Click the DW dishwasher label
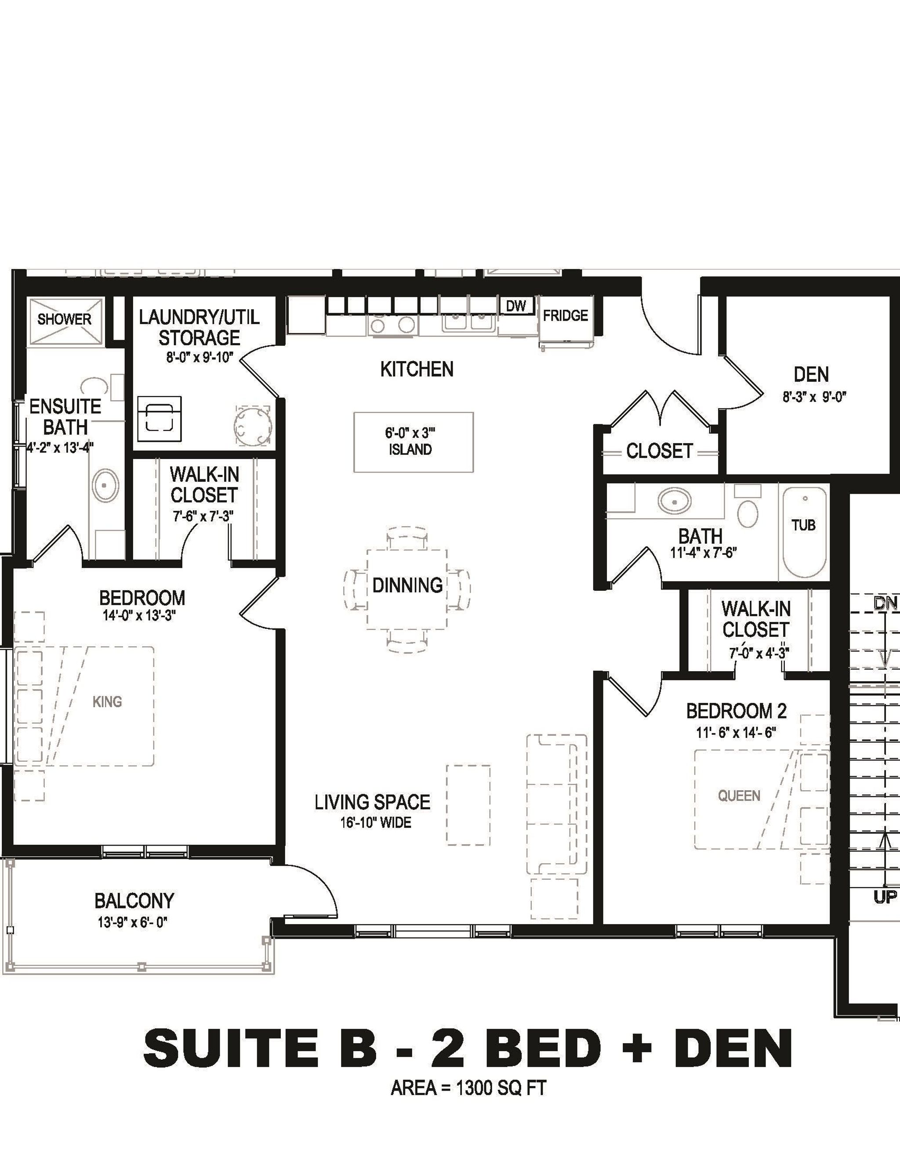pyautogui.click(x=516, y=306)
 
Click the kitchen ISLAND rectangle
pyautogui.click(x=413, y=442)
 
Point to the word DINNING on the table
pyautogui.click(x=407, y=585)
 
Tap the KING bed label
pyautogui.click(x=107, y=702)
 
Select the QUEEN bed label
pyautogui.click(x=739, y=796)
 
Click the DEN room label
pyautogui.click(x=811, y=375)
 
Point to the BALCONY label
pyautogui.click(x=134, y=901)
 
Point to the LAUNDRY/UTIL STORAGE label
pyautogui.click(x=200, y=327)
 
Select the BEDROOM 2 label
pyautogui.click(x=737, y=711)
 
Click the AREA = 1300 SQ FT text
pyautogui.click(x=468, y=1088)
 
